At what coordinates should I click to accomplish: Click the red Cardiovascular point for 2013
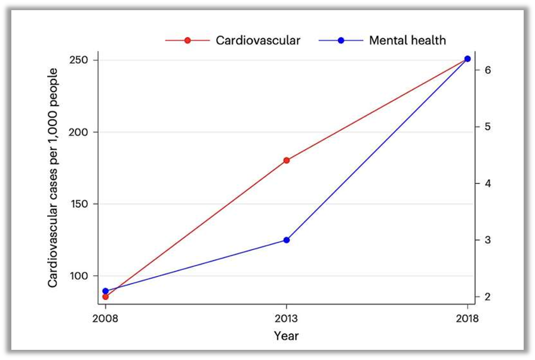tap(287, 160)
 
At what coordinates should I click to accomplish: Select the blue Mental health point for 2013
tap(287, 240)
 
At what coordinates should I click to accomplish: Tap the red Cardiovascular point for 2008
tap(105, 297)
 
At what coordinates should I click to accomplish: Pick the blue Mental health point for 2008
tap(105, 291)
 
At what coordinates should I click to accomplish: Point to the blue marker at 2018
tap(468, 59)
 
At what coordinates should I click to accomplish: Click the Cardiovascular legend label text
tap(258, 41)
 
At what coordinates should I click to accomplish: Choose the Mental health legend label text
tap(407, 41)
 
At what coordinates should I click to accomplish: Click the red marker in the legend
tap(187, 41)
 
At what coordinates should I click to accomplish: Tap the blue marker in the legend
tap(341, 41)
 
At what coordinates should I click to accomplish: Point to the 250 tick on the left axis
tap(82, 60)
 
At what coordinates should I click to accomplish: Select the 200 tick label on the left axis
tap(82, 132)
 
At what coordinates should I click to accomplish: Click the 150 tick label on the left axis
tap(82, 204)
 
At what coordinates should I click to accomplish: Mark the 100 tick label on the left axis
tap(82, 276)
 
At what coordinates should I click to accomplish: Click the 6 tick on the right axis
tap(488, 70)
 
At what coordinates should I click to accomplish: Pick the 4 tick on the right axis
tap(488, 183)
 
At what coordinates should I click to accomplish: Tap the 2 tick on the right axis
tap(488, 297)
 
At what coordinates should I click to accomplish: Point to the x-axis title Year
tap(286, 336)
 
